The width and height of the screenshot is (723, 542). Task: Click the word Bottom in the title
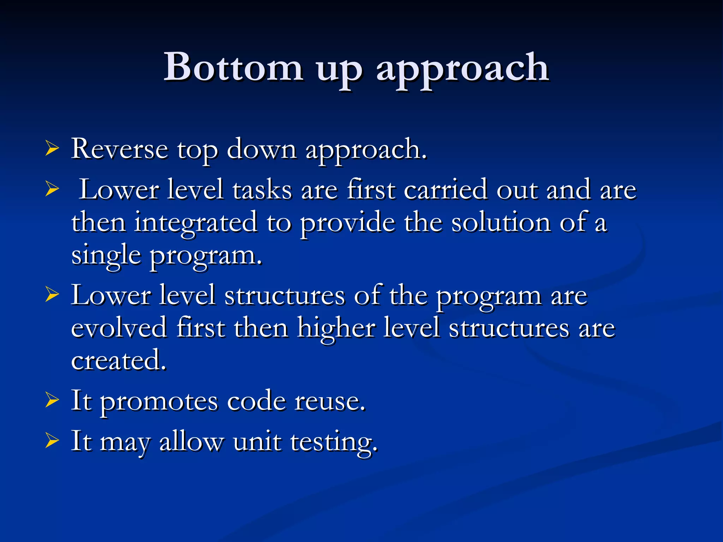pyautogui.click(x=233, y=67)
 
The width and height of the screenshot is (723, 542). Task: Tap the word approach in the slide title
pyautogui.click(x=462, y=69)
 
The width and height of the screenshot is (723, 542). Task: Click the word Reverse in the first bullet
pyautogui.click(x=119, y=149)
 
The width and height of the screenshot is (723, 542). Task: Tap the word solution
pyautogui.click(x=501, y=222)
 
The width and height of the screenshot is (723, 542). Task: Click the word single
pyautogui.click(x=106, y=256)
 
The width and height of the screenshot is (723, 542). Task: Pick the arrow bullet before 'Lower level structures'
pyautogui.click(x=52, y=295)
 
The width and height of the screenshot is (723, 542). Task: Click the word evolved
pyautogui.click(x=119, y=328)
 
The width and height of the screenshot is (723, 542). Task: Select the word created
pyautogui.click(x=118, y=360)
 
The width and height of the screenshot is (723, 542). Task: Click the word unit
pyautogui.click(x=257, y=441)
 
